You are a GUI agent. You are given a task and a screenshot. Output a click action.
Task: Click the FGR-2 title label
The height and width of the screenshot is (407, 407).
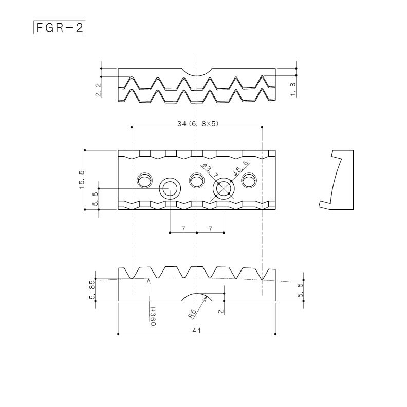click(59, 27)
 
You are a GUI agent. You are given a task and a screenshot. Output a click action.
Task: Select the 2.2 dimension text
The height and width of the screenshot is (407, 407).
click(98, 89)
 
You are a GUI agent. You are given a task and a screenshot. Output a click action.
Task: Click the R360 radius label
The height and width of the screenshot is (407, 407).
click(152, 317)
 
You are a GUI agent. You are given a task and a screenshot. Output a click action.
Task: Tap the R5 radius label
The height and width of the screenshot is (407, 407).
click(193, 313)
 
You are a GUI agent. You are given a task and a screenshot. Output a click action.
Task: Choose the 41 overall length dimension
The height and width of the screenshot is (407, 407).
click(196, 331)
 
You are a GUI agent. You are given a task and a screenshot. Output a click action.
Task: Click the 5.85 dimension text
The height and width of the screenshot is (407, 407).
click(92, 290)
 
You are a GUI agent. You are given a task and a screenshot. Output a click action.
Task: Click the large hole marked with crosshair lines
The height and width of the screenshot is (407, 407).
click(224, 189)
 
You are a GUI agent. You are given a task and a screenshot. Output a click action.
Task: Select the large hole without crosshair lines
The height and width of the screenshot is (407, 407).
click(170, 189)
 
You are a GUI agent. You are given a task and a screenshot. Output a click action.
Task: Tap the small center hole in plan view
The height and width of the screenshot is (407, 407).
click(197, 180)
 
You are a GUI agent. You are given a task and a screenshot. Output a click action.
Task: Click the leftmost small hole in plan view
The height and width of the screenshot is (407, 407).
click(144, 180)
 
